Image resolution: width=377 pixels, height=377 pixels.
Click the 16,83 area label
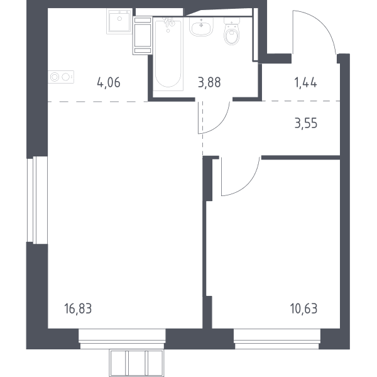pyautogui.click(x=78, y=309)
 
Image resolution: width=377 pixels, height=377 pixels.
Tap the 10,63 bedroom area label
pyautogui.click(x=303, y=309)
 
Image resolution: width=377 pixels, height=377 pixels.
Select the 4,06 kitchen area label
pyautogui.click(x=109, y=83)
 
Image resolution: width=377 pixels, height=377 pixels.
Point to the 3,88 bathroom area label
pyautogui.click(x=209, y=82)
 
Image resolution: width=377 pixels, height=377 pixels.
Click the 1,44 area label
pyautogui.click(x=305, y=83)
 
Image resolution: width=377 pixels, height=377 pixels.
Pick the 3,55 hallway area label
pyautogui.click(x=306, y=123)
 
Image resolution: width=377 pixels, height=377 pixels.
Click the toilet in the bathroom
pyautogui.click(x=232, y=31)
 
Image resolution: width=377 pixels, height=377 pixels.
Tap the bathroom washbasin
pyautogui.click(x=201, y=26)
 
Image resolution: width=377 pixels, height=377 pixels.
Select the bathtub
pyautogui.click(x=168, y=54)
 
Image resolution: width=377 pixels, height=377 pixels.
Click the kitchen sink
pyautogui.click(x=119, y=21)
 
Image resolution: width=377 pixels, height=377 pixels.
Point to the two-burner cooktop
pyautogui.click(x=61, y=77)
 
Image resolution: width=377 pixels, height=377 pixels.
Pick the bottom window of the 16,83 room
pyautogui.click(x=122, y=339)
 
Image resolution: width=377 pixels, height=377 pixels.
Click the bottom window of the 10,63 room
pyautogui.click(x=277, y=339)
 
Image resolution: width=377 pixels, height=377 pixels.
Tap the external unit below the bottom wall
pyautogui.click(x=137, y=363)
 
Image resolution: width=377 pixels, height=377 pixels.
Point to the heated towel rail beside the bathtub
pyautogui.click(x=143, y=36)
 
